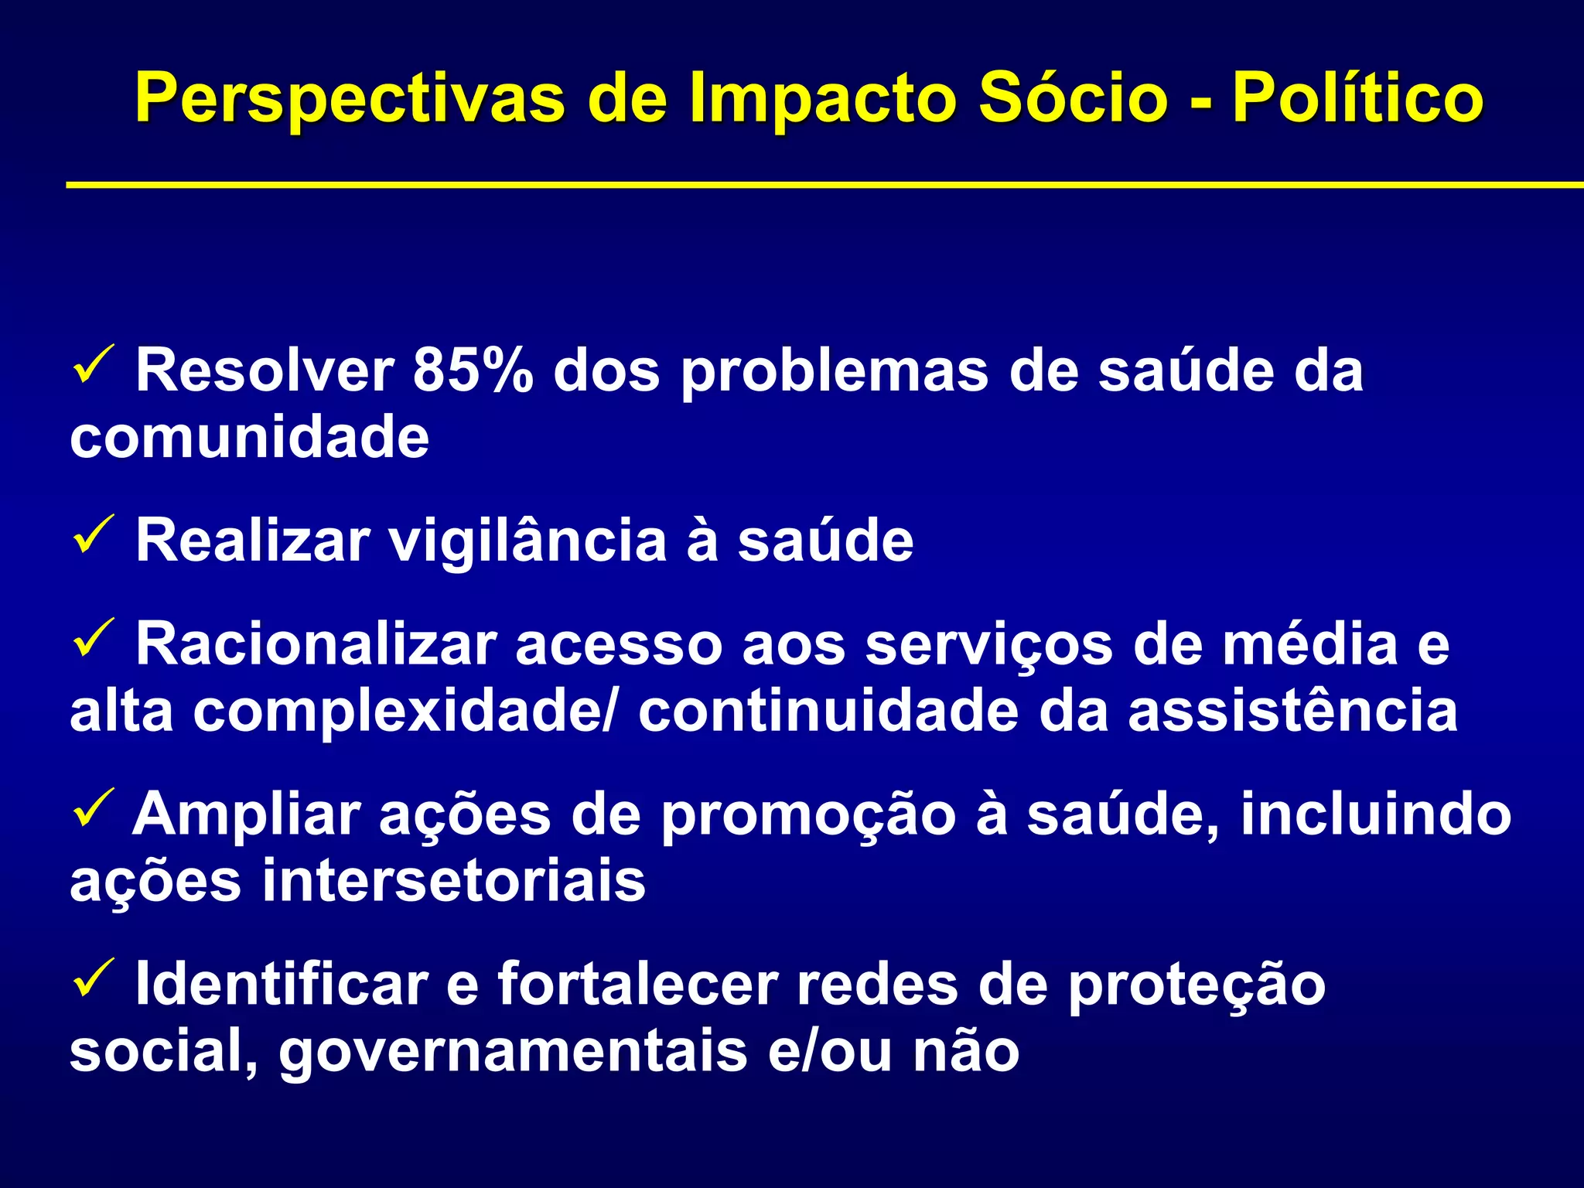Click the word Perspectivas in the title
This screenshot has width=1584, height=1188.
[350, 99]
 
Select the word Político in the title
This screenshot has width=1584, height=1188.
[1357, 99]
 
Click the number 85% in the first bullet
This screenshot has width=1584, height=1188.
[473, 371]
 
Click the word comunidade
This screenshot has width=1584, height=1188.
[249, 438]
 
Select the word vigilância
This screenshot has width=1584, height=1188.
[527, 541]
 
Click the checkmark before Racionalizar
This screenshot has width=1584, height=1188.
[94, 638]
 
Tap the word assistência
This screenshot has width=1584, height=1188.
[1292, 712]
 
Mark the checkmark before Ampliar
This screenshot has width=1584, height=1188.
[94, 808]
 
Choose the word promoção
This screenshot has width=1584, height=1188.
[808, 815]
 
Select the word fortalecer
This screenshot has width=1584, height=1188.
[637, 985]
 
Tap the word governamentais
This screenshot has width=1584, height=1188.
[513, 1052]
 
